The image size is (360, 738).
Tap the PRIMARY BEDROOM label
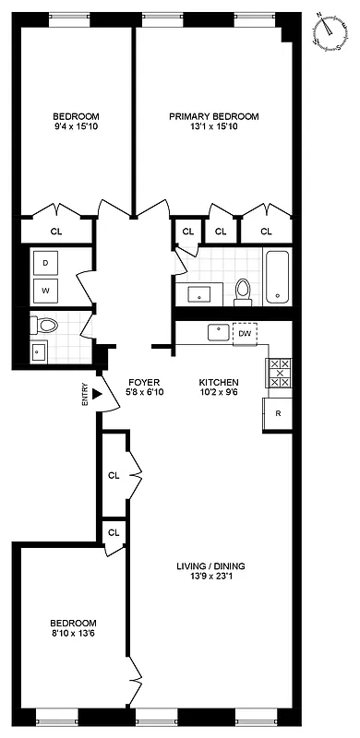point(213,116)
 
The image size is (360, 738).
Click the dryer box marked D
point(45,262)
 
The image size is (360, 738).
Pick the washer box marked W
point(45,292)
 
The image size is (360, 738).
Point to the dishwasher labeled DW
point(245,334)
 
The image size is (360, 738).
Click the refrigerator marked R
point(278,414)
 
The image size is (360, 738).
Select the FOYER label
point(143,382)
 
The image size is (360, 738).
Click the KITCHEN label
point(219,382)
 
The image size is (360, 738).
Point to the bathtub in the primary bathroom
point(277,277)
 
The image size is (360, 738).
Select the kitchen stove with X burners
point(278,374)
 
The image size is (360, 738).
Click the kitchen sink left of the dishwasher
point(220,331)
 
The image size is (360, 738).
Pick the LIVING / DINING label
point(211,566)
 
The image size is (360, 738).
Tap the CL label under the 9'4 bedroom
point(56,232)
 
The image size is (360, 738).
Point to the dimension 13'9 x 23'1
point(211,578)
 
